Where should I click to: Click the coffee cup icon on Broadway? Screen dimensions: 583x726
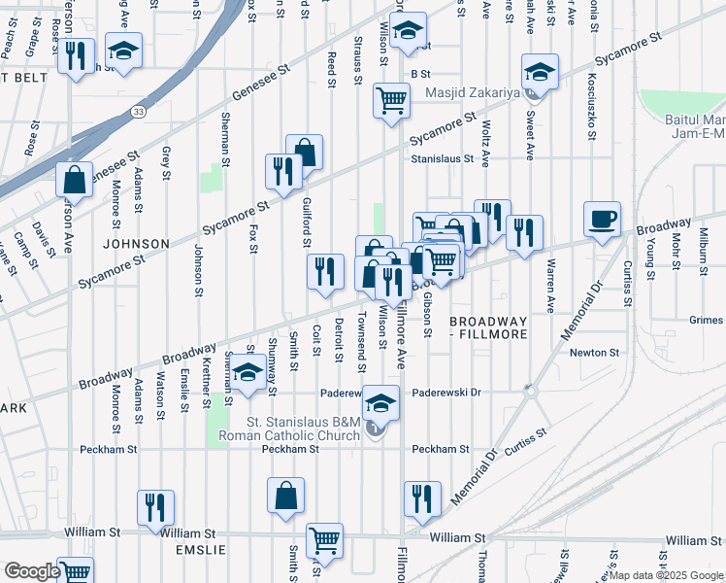click(x=603, y=218)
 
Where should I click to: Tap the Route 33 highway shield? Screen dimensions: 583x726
click(x=140, y=112)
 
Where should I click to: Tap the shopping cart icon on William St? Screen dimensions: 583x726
click(x=324, y=539)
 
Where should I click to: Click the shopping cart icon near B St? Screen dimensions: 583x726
click(x=391, y=99)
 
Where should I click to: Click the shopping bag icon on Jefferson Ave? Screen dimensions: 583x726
click(x=74, y=179)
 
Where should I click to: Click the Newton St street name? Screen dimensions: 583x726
click(x=594, y=353)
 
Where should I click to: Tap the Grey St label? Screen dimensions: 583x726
click(x=167, y=164)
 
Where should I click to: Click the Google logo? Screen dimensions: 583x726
click(x=32, y=572)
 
